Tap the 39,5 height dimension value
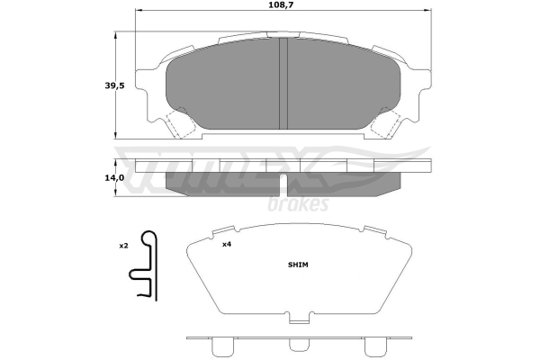click(x=114, y=85)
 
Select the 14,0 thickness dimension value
click(x=114, y=178)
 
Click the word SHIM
click(x=298, y=265)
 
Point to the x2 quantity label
click(x=123, y=246)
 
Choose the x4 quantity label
click(x=226, y=245)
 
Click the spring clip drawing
click(x=144, y=265)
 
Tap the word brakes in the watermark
click(x=298, y=204)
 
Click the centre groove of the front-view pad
click(x=283, y=84)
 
